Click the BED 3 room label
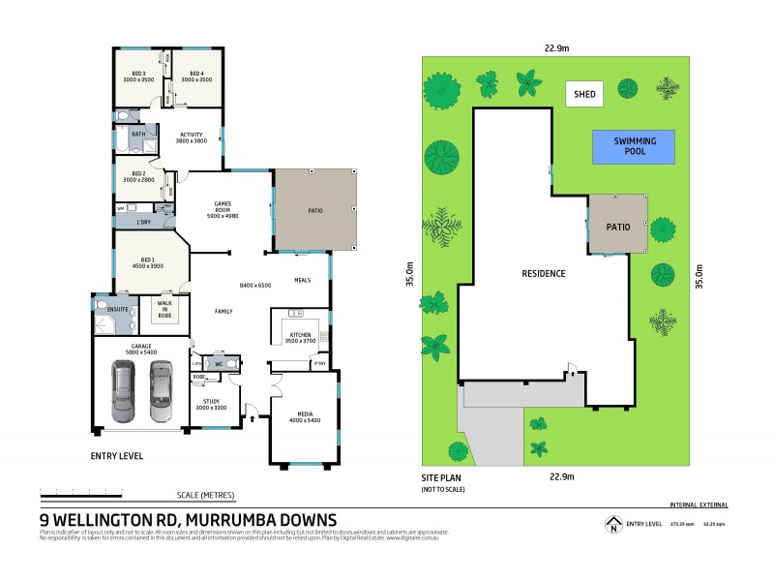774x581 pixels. tap(138, 74)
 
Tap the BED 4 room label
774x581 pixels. tap(195, 74)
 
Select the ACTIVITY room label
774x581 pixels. tap(192, 136)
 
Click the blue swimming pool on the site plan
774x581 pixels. tap(634, 146)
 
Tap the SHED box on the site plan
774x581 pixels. tap(585, 94)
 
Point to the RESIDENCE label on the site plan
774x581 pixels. tap(543, 273)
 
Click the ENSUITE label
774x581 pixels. tap(119, 310)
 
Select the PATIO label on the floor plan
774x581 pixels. tap(315, 211)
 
